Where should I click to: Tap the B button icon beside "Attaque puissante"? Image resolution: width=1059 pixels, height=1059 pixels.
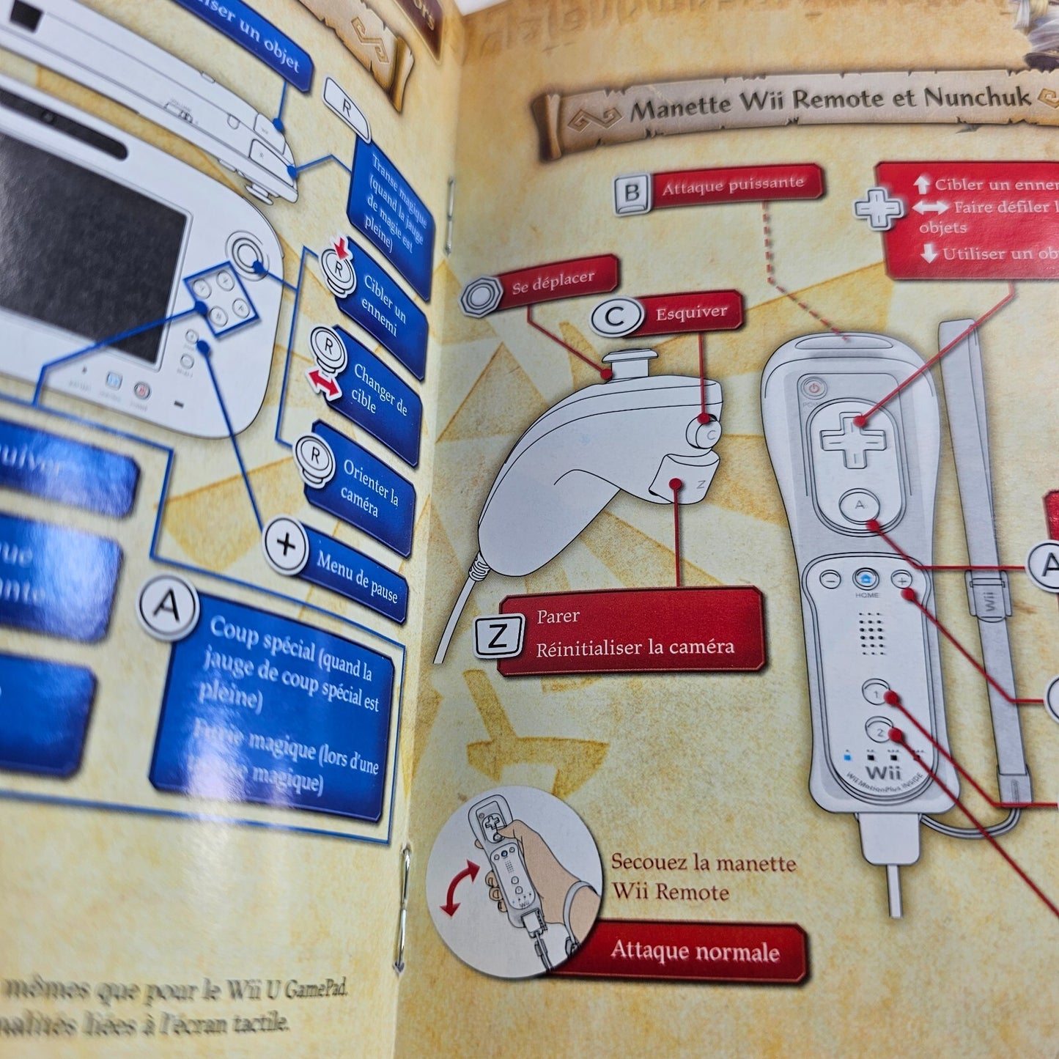coord(632,193)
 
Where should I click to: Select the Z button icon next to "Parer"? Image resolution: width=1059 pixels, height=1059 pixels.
coord(498,635)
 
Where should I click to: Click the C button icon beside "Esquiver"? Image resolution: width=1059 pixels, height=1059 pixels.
coord(614,317)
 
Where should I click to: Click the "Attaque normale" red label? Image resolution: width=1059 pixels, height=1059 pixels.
coord(695,952)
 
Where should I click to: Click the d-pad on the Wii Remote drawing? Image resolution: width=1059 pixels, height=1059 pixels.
coord(852,439)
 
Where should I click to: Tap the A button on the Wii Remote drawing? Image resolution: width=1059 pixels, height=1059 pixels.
coord(860,505)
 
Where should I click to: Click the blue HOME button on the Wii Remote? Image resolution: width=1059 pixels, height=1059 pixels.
coord(866,580)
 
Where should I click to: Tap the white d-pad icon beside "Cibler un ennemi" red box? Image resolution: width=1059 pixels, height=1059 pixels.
coord(878,209)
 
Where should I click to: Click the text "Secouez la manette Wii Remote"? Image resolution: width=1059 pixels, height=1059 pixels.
coord(702,877)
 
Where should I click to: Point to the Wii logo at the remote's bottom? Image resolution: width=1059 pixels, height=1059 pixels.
coord(883,772)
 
